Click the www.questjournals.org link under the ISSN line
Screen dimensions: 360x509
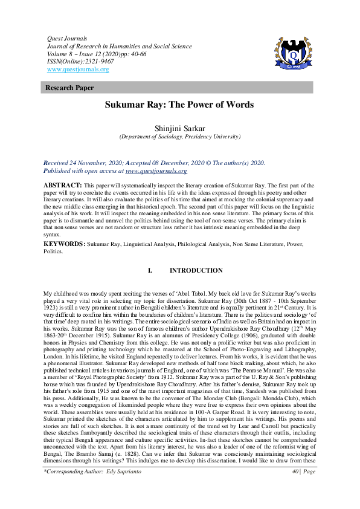(78, 70)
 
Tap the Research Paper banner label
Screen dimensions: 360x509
(69, 88)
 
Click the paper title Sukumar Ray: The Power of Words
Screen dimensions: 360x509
(179, 105)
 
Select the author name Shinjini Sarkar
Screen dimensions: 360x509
(179, 128)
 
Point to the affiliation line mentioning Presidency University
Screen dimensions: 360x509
(179, 137)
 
